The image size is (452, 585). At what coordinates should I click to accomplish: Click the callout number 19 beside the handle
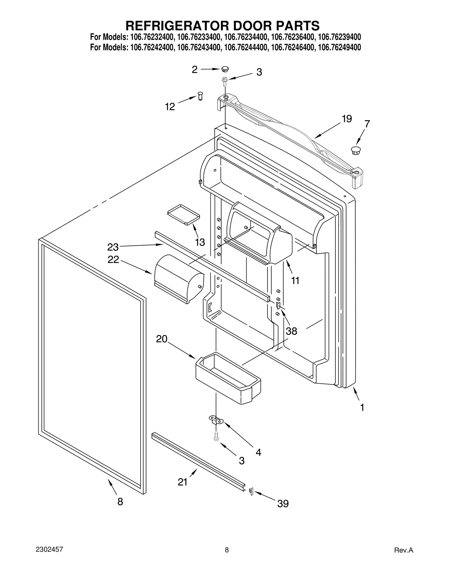coord(347,119)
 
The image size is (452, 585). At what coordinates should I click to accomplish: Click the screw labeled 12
coord(200,96)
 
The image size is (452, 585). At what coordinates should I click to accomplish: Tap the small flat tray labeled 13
coord(183,215)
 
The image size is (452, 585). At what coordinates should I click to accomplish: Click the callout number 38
coord(291,331)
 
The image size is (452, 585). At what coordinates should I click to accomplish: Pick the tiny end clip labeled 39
coord(251,491)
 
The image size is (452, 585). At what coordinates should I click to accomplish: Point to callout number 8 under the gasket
coord(120,502)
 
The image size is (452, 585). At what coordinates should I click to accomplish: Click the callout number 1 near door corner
coord(362,407)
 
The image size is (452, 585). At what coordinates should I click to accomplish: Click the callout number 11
coord(295,280)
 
